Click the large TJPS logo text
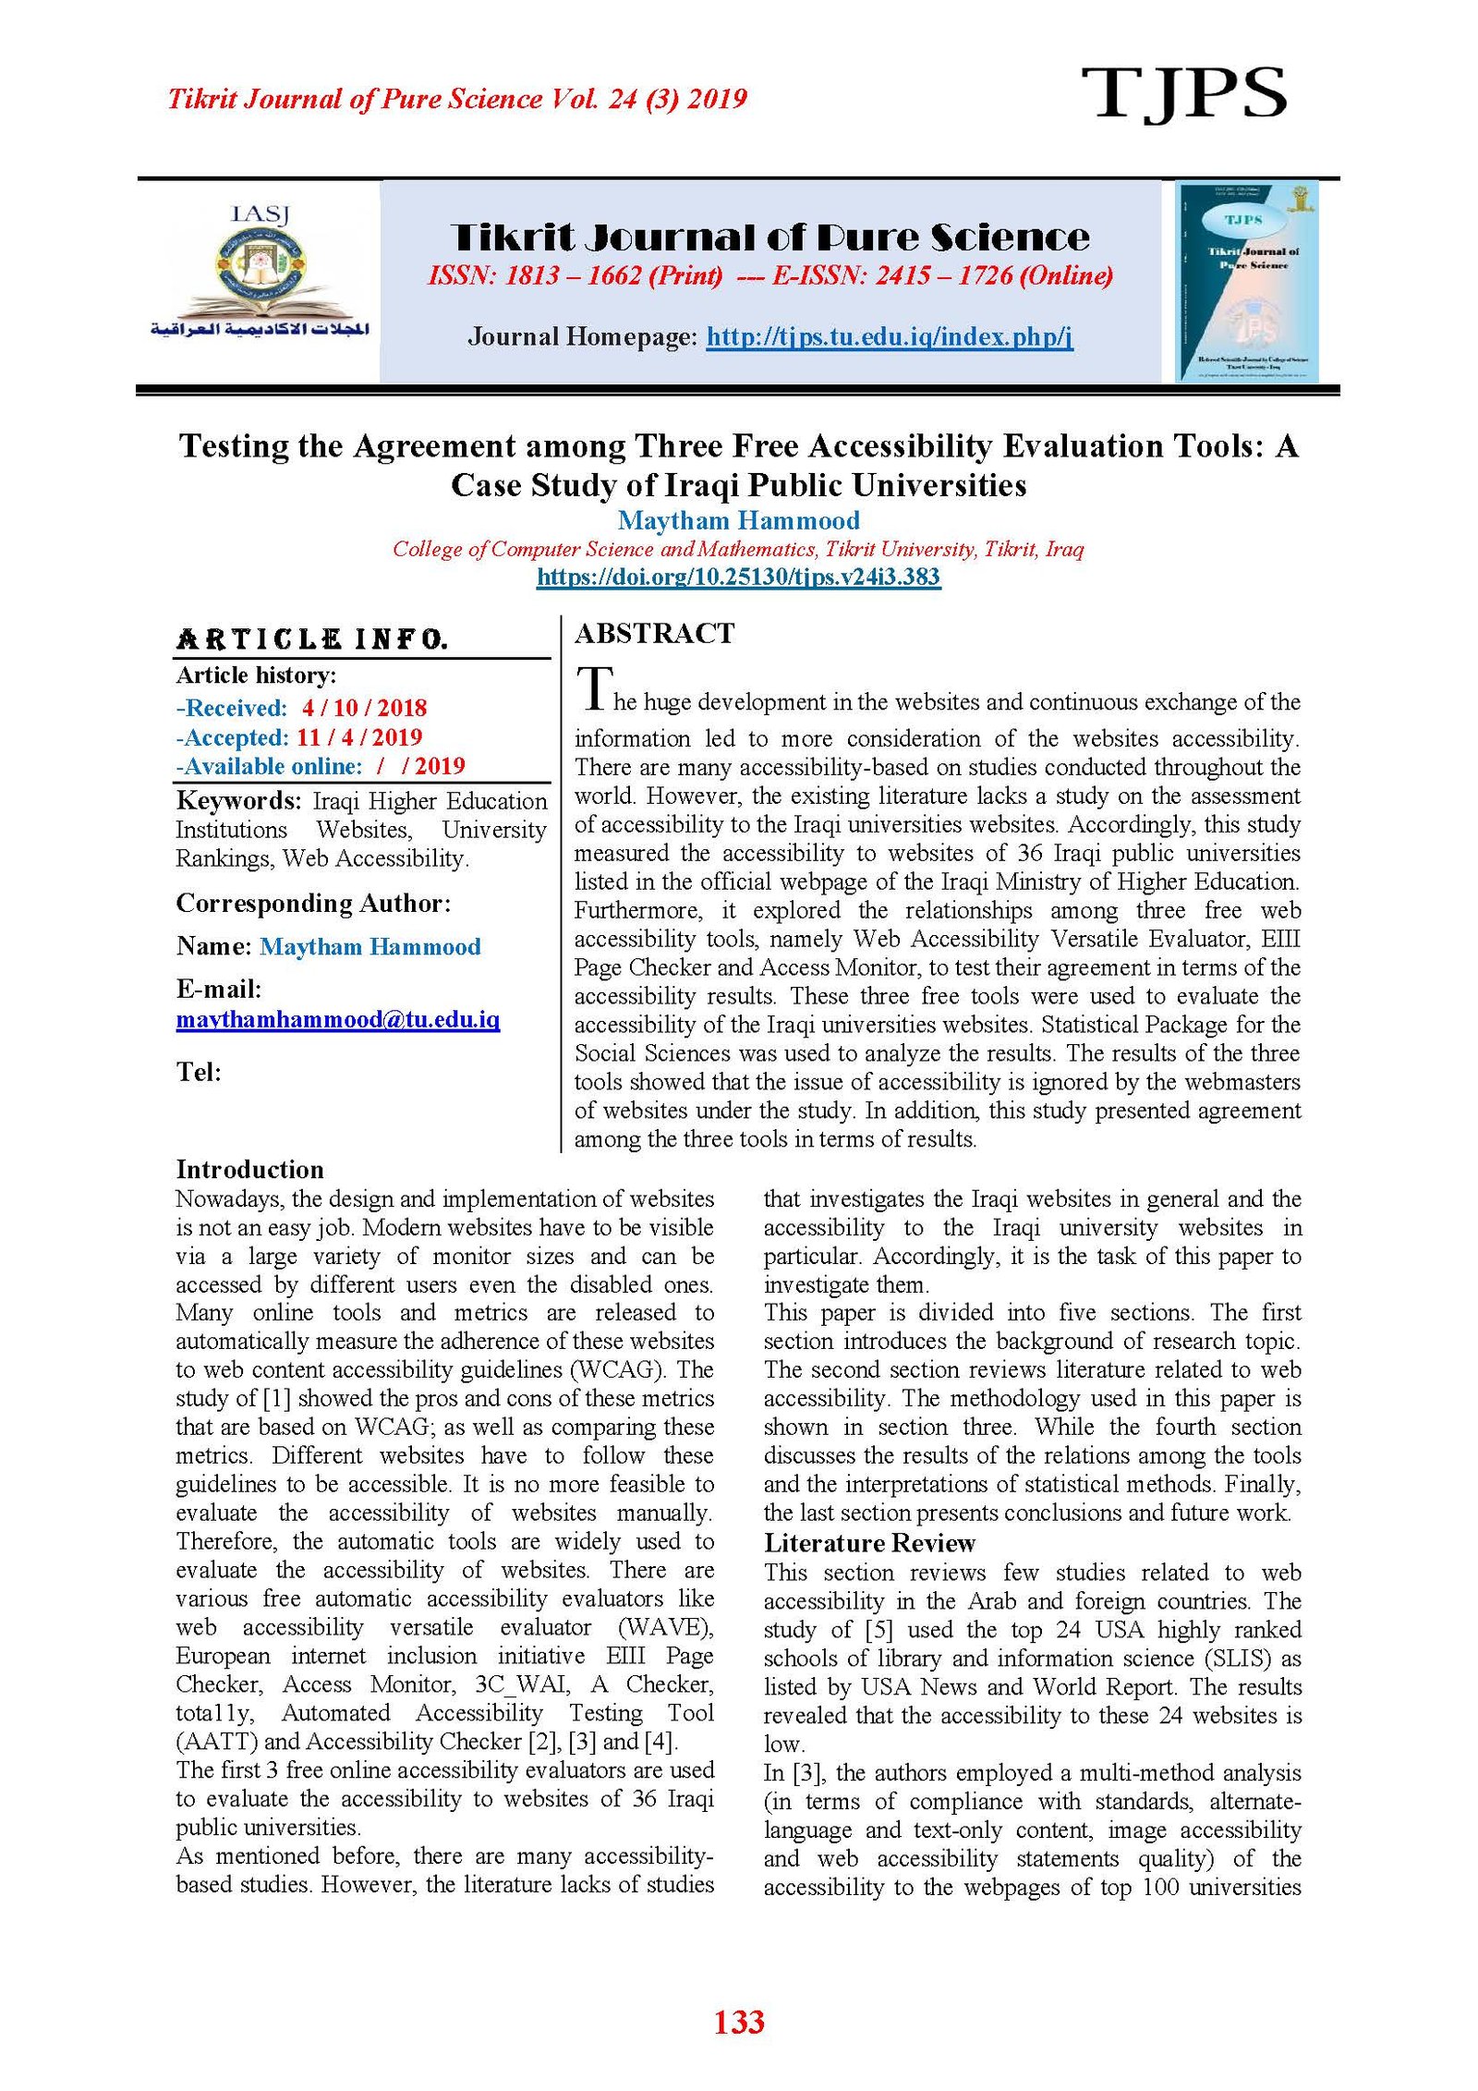1183,93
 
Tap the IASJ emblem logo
260,274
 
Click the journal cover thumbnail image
1246,282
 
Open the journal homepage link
889,336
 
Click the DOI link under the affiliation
738,577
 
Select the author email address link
337,1020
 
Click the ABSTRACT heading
654,634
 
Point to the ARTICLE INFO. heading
312,639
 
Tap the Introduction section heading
249,1170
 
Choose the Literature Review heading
868,1543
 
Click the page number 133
738,2022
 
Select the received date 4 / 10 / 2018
364,709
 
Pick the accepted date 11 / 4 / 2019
358,737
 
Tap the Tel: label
199,1072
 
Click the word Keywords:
238,801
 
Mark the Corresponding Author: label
313,904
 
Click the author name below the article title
738,521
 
